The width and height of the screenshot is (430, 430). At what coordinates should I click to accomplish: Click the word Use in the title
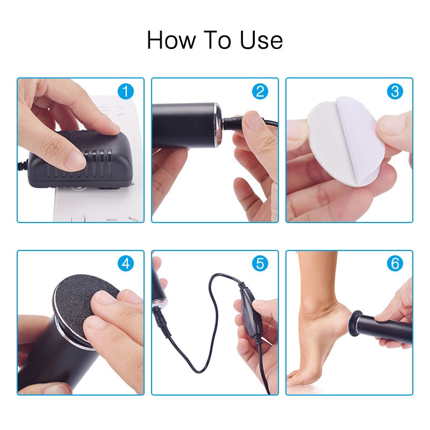262,40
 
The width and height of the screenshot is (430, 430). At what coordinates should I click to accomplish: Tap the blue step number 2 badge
260,91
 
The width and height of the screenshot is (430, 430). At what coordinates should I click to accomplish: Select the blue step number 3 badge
395,91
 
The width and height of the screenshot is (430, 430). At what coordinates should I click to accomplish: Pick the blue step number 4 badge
126,264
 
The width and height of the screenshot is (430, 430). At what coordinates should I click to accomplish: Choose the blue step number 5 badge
260,264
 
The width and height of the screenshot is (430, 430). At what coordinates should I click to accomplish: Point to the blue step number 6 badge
395,264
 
